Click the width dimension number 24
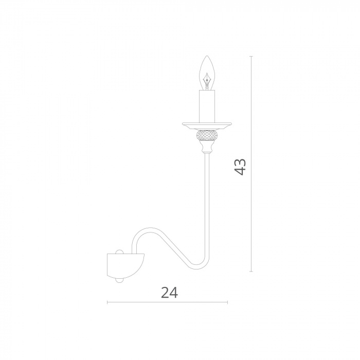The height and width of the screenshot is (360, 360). tap(169, 293)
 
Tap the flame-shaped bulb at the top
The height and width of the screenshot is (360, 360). tap(207, 73)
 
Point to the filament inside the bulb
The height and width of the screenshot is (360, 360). tap(207, 80)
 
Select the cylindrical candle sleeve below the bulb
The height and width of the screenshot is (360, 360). tap(207, 106)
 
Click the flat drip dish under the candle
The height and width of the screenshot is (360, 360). tap(207, 125)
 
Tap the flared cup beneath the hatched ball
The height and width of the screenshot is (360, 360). tap(207, 147)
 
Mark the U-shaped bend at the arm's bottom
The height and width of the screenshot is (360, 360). tap(199, 266)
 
